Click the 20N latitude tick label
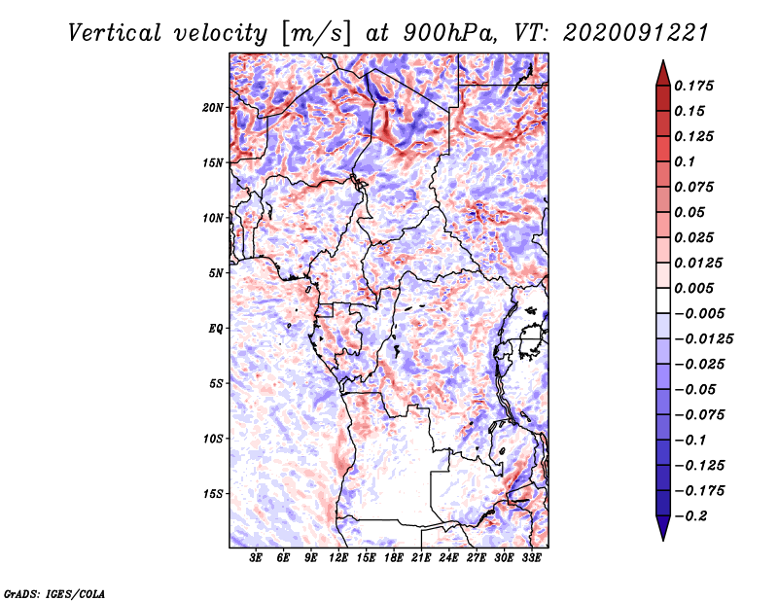tap(213, 107)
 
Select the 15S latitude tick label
tap(213, 494)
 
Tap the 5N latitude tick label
tap(216, 273)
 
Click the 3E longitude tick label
tap(257, 558)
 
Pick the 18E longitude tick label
tap(394, 558)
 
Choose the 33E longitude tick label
tap(531, 558)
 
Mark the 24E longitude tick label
tap(449, 558)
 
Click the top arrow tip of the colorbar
tap(661, 62)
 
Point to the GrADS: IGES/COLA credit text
tap(53, 592)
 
